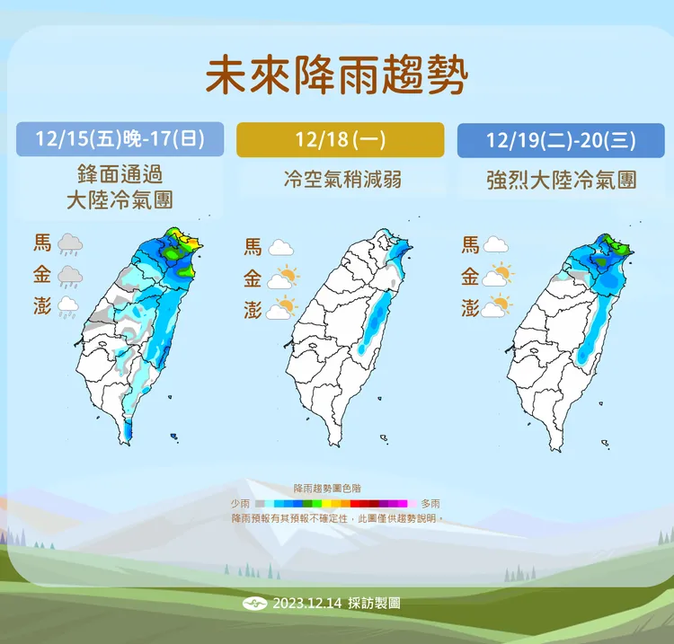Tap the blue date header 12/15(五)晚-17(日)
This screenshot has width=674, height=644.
(x=120, y=139)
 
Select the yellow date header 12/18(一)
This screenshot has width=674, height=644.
(x=340, y=139)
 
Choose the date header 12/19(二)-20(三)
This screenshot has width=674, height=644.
(x=560, y=139)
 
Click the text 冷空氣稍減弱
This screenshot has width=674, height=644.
(x=341, y=180)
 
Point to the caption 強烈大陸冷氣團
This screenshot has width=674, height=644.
(x=560, y=180)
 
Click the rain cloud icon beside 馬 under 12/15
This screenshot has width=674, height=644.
(x=71, y=243)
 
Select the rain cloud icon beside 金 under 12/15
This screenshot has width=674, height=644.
(x=71, y=276)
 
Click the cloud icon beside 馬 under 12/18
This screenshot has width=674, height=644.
(x=282, y=247)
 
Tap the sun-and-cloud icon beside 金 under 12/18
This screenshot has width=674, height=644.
(x=284, y=278)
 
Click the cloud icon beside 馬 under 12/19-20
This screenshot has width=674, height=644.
(x=496, y=244)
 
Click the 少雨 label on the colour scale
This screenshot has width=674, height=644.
(x=240, y=503)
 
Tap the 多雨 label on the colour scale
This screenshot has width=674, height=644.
(x=430, y=503)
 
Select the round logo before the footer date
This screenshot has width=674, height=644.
(x=256, y=604)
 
